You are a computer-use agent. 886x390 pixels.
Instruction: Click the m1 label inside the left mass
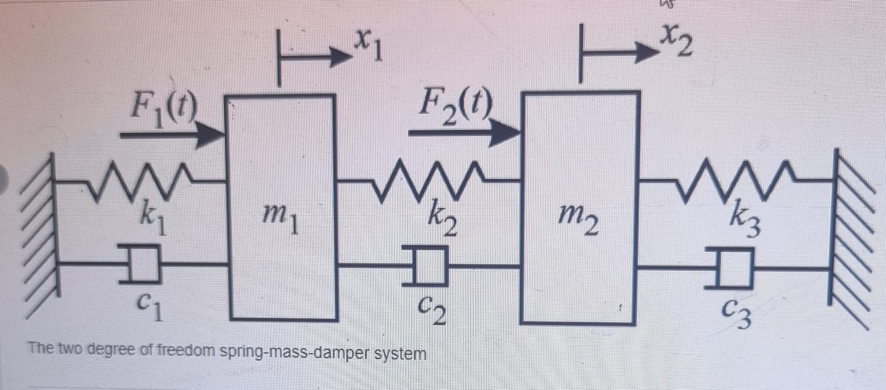(280, 218)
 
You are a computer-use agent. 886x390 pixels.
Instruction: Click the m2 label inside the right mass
(578, 219)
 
